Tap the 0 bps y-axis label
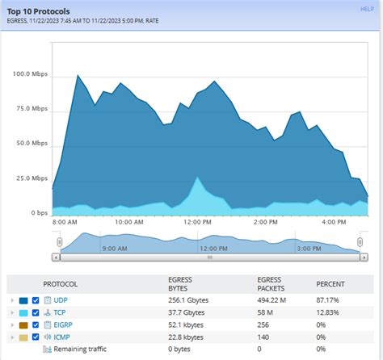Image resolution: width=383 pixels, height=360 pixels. coord(38,213)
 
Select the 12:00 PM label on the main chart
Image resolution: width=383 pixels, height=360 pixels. coord(197,222)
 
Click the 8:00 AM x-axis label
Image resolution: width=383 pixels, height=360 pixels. coord(65,222)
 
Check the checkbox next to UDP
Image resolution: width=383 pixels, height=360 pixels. coord(36,300)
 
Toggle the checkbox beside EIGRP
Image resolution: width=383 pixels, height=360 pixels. coord(36,324)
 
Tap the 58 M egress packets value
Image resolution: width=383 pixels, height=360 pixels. coord(263,312)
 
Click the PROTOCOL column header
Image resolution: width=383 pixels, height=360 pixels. coord(61,284)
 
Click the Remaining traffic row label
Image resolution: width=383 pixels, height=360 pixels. coord(80,349)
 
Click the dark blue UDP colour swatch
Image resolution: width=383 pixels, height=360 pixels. coord(23,300)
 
